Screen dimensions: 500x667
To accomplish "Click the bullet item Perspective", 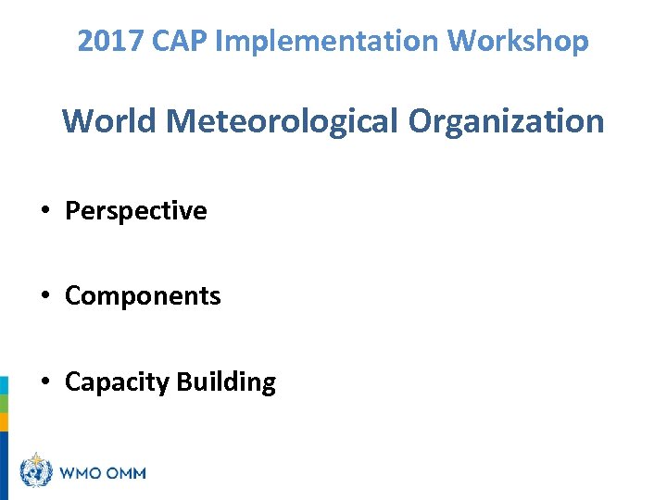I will (x=135, y=211).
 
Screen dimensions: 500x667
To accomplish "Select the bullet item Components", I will (x=143, y=296).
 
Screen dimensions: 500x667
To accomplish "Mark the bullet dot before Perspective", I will (x=45, y=212).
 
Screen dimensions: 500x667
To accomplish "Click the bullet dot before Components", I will (x=45, y=297).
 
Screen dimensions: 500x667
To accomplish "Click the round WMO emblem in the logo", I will (x=36, y=472).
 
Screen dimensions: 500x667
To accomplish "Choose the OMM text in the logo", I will (x=127, y=473).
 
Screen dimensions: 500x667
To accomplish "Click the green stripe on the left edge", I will (x=4, y=404).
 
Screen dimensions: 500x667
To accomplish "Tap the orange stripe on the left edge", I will (x=4, y=422).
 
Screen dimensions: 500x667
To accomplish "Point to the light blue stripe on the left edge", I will (x=4, y=385).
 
